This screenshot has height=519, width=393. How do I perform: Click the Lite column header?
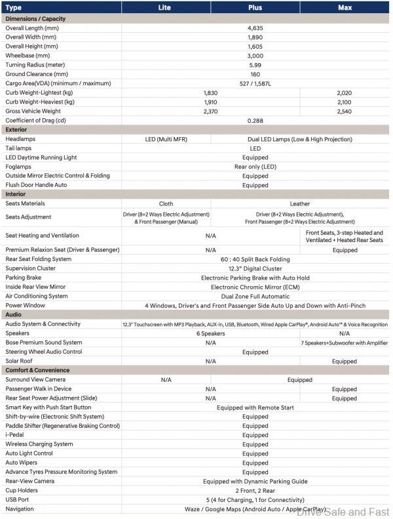[x=165, y=7]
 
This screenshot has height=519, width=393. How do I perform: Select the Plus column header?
[x=255, y=7]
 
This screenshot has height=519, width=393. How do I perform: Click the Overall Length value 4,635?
[x=255, y=28]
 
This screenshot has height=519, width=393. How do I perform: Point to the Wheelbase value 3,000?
[x=255, y=56]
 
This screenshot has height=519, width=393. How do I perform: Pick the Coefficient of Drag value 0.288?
[x=255, y=120]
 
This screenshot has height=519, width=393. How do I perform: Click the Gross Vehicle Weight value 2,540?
[x=344, y=111]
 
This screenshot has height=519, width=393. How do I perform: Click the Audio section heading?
[x=14, y=315]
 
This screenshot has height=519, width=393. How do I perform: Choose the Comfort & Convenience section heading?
[x=37, y=370]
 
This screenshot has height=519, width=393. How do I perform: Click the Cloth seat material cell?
[x=166, y=203]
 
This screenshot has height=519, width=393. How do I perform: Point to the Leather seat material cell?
[x=299, y=203]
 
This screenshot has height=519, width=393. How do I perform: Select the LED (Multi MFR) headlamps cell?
[x=166, y=139]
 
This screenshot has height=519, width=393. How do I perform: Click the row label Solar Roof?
[x=20, y=361]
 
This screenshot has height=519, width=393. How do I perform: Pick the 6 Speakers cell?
[x=210, y=333]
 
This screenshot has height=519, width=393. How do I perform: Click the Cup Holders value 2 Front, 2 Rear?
[x=255, y=490]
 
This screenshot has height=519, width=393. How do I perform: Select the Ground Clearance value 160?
[x=255, y=74]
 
